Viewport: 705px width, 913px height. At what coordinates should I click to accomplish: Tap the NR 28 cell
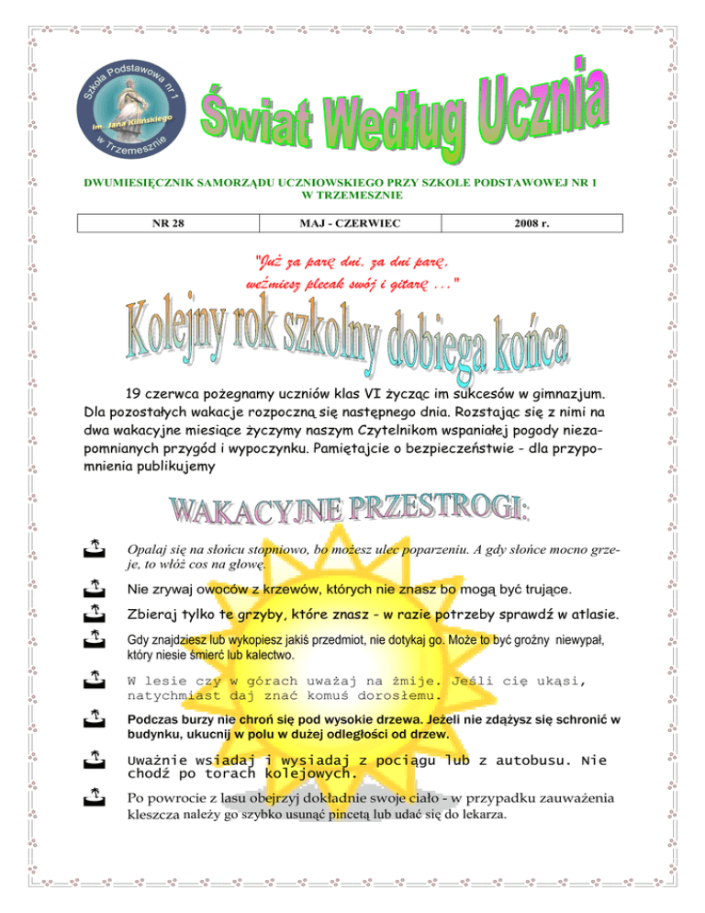point(167,223)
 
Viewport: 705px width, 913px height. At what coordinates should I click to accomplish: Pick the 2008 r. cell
point(552,223)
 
